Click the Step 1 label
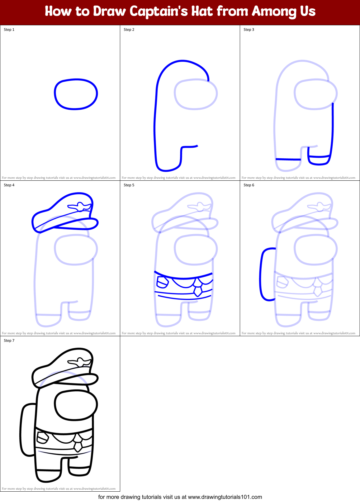(x=9, y=30)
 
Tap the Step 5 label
(x=129, y=185)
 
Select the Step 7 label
(x=9, y=341)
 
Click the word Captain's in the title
(x=159, y=12)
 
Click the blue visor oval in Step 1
(x=76, y=94)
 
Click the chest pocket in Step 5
(x=162, y=282)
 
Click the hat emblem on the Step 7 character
(x=80, y=362)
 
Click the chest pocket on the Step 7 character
(x=42, y=438)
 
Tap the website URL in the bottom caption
(x=225, y=497)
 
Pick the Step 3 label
(x=249, y=30)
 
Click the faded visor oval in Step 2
(x=196, y=94)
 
